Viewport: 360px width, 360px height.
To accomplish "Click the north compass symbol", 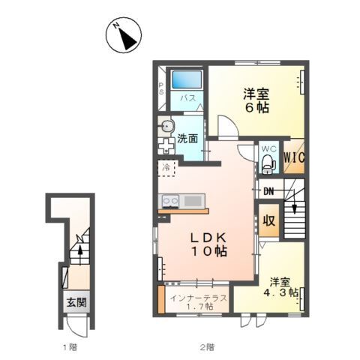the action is [x=124, y=35].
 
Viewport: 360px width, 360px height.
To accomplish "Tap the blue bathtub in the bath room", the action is [x=187, y=79].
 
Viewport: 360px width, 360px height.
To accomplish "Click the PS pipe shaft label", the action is [x=161, y=88].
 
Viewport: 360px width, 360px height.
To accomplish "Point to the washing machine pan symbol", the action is [x=166, y=145].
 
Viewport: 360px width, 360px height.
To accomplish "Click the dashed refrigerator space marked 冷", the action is [x=167, y=168].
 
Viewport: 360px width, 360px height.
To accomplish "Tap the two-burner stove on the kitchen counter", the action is [x=171, y=201].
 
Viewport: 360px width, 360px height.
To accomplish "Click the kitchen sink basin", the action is [x=193, y=201].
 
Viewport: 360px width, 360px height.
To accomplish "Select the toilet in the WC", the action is [x=268, y=164].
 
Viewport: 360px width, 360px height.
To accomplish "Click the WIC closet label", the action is [x=294, y=157].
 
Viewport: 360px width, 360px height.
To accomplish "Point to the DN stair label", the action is [x=268, y=192].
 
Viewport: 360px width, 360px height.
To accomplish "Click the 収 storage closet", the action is [x=268, y=220].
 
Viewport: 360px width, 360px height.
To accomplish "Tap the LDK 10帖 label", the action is [x=209, y=244].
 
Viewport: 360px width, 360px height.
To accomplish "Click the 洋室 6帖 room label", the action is [x=256, y=100].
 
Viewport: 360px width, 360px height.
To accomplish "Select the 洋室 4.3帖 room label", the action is [x=280, y=287].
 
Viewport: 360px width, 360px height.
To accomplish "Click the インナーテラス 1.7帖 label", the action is [x=199, y=302].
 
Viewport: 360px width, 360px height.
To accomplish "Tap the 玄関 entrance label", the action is [x=76, y=302].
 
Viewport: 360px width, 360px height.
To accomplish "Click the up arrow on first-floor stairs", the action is [x=80, y=255].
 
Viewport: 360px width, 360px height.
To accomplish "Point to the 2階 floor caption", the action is [x=207, y=347].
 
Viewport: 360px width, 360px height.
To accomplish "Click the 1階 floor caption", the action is [x=70, y=347].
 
